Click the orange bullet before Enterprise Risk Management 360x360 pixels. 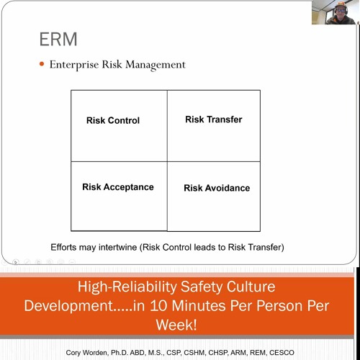(x=42, y=65)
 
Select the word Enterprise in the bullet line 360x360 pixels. (x=73, y=65)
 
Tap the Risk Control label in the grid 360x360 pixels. (x=113, y=121)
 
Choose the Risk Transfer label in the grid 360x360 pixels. (x=213, y=120)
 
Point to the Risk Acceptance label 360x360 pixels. (x=118, y=187)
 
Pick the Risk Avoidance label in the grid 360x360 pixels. (x=217, y=188)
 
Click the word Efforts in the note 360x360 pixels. (x=66, y=247)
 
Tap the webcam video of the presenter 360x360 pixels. (x=333, y=12)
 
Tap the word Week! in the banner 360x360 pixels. (x=180, y=325)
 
